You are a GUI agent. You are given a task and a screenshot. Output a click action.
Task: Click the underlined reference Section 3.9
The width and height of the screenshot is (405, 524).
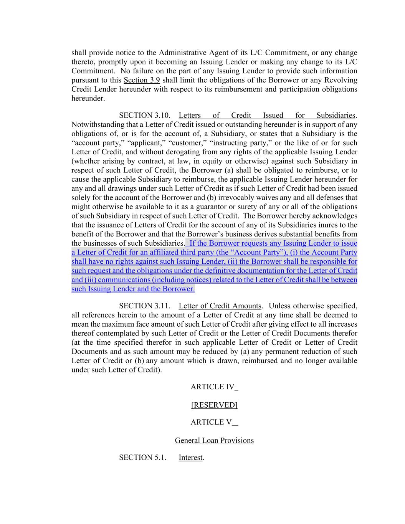pos(142,80)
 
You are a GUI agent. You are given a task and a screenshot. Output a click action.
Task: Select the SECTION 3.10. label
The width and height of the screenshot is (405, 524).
pos(144,116)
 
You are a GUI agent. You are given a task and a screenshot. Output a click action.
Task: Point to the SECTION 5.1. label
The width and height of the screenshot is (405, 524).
pos(142,458)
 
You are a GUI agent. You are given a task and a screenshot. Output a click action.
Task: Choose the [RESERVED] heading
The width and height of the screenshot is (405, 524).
pos(214,405)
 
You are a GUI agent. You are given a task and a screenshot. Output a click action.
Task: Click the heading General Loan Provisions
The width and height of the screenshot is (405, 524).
pos(214,441)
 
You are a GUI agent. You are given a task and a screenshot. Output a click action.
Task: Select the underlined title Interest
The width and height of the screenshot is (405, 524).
pos(190,458)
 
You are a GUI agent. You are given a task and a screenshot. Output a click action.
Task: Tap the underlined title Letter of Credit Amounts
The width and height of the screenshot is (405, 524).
pos(220,306)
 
